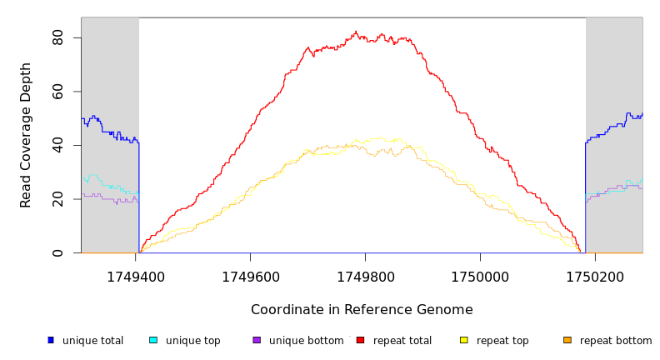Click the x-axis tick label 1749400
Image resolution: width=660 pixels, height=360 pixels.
pos(135,277)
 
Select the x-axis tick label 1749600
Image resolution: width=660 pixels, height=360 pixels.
pos(250,277)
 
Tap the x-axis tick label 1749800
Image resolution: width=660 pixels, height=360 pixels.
pos(365,277)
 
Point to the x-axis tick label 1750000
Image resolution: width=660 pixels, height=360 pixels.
pos(480,277)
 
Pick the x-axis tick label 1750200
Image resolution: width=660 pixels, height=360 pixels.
pos(595,277)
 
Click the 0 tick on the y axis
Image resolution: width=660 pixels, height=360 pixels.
pos(57,252)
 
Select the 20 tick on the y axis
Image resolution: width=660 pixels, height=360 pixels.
pos(57,199)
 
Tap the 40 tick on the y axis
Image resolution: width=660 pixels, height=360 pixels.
pos(57,145)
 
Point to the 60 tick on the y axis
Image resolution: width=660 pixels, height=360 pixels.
pos(57,92)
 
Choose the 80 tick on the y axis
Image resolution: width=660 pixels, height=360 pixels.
pos(57,37)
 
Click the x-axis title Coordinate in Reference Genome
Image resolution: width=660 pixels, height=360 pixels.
pos(362,310)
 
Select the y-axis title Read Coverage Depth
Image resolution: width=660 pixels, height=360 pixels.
pos(27,134)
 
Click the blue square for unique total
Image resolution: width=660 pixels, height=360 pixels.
pos(50,340)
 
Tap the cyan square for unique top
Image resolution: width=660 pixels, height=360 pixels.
pos(153,340)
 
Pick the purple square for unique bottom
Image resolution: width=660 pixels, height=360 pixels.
pos(257,340)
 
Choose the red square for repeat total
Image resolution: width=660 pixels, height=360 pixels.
pos(360,340)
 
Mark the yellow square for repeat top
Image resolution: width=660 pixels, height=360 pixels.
pos(463,340)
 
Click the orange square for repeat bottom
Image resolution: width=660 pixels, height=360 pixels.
pos(567,340)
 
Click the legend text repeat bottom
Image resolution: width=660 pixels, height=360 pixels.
pos(616,341)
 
